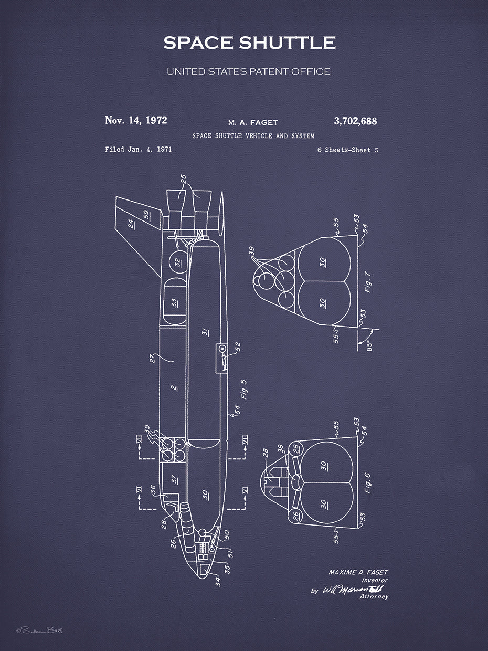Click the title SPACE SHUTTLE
[x=249, y=43]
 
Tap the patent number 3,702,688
[x=355, y=121]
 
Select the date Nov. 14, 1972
[x=136, y=120]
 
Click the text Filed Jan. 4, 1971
[x=139, y=150]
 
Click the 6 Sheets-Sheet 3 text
[x=347, y=150]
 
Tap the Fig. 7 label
[x=368, y=282]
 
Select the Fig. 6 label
[x=367, y=482]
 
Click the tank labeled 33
[x=175, y=302]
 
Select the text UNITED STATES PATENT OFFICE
[x=248, y=71]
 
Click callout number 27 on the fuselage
[x=153, y=359]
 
